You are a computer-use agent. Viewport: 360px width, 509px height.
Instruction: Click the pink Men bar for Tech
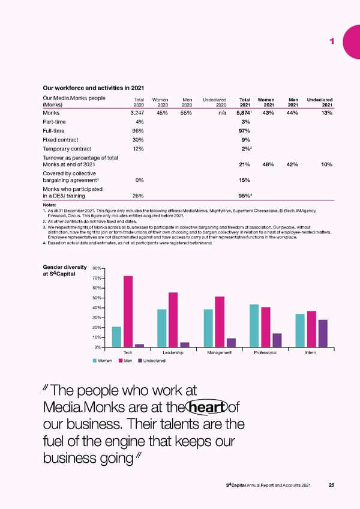(x=128, y=311)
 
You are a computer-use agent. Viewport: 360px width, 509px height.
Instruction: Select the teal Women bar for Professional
(x=254, y=325)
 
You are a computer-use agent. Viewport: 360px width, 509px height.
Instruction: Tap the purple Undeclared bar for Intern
(x=323, y=333)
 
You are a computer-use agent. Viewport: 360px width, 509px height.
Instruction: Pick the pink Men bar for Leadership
(x=173, y=319)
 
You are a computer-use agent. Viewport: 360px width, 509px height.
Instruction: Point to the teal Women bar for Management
(x=208, y=328)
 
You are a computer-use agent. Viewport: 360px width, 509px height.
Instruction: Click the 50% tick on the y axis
(x=98, y=298)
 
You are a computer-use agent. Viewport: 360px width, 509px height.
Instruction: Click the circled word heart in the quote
(x=206, y=408)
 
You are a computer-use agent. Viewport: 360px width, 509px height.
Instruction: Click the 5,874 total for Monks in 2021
(x=242, y=113)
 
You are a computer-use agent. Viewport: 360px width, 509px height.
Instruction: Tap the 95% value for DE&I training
(x=244, y=195)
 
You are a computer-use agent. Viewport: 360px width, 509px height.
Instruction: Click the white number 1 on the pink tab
(x=331, y=41)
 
